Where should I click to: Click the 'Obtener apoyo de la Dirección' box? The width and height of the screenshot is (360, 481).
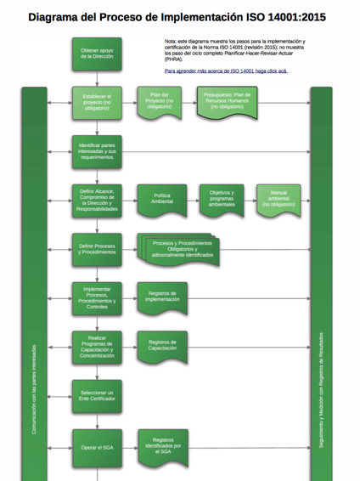coord(96,54)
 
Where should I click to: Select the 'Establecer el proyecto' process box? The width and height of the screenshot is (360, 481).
coord(96,102)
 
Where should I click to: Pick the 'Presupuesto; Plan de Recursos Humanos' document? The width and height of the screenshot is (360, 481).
coord(227,101)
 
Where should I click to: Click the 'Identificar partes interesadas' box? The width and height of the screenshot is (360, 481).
coord(96,150)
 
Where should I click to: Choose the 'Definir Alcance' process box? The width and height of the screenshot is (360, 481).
coord(96,200)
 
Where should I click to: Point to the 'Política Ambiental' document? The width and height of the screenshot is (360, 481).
coord(161,200)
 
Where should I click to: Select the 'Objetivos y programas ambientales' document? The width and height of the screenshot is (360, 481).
coord(223,199)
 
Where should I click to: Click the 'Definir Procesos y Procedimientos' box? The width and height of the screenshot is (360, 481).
coord(96,248)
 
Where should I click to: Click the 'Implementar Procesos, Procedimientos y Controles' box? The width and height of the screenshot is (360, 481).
coord(96,297)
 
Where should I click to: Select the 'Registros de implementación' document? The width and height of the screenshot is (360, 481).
coord(161,297)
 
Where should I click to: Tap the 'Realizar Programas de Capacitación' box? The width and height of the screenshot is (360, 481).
coord(96,347)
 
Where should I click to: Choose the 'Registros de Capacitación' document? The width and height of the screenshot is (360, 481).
coord(161,346)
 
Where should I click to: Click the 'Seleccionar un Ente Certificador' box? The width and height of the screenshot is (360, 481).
coord(96,396)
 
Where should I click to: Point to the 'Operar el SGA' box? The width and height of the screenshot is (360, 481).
coord(96,446)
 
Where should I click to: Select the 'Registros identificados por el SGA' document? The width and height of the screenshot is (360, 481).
coord(161,445)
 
